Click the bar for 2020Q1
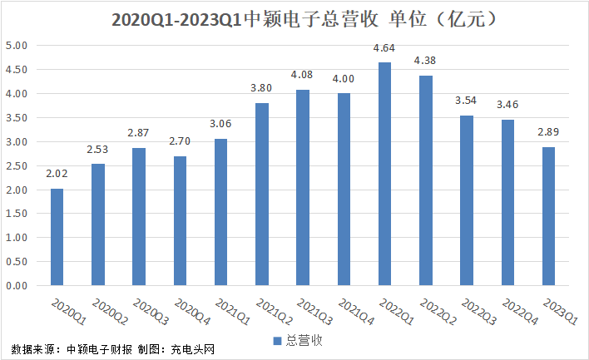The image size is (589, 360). tap(57, 237)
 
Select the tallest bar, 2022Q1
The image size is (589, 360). tap(384, 174)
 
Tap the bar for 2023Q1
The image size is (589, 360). tap(548, 216)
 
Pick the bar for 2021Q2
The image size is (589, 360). tap(262, 195)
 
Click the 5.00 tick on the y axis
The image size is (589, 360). tap(17, 46)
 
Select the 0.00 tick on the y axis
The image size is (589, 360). tap(17, 286)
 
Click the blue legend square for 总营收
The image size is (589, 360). tap(278, 339)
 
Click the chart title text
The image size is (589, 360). tap(294, 18)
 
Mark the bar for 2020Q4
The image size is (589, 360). tap(181, 221)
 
